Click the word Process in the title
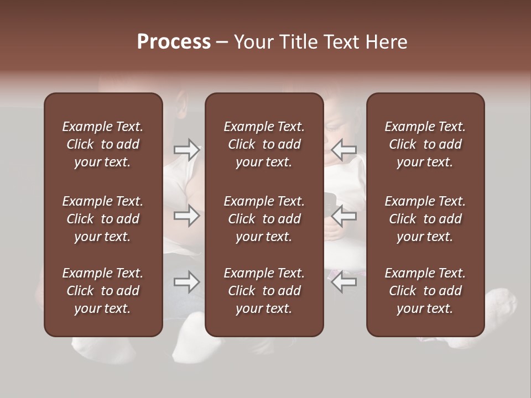174,42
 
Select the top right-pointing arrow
187,149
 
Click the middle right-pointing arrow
187,216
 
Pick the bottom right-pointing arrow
187,282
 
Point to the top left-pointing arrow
344,149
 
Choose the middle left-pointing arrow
344,216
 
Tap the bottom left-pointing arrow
344,282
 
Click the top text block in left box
103,144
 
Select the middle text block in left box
103,219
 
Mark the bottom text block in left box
103,291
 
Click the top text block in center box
264,144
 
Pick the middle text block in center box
264,219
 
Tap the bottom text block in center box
264,291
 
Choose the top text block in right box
425,144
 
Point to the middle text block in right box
425,219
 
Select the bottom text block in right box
425,291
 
